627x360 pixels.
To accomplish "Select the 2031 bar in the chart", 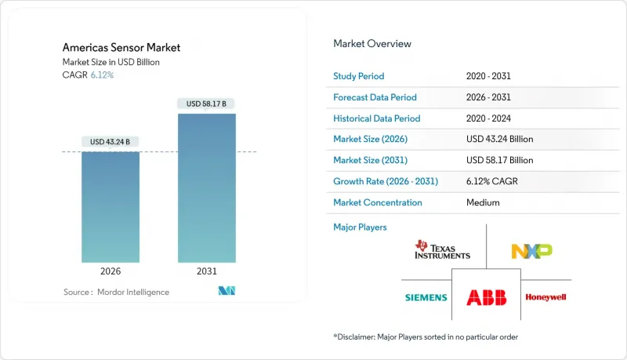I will coord(206,188).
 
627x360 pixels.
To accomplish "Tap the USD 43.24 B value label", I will coord(111,141).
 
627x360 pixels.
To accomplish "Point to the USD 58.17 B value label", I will coord(206,104).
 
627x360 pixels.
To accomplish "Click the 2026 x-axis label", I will coord(111,271).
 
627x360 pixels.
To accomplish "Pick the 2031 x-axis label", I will coord(206,271).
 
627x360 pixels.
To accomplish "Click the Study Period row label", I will coord(360,77).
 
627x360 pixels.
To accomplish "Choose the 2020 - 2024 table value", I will coord(492,118).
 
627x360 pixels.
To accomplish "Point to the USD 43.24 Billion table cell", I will coord(499,140).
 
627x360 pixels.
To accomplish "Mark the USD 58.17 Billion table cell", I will coord(499,160).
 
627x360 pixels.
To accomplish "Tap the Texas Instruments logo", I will coord(443,250).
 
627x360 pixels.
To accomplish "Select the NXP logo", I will coord(531,250).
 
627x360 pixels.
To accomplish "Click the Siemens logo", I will coord(426,297).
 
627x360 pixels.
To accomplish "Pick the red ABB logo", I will coord(487,297).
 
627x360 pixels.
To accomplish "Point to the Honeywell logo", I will coord(545,297).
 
